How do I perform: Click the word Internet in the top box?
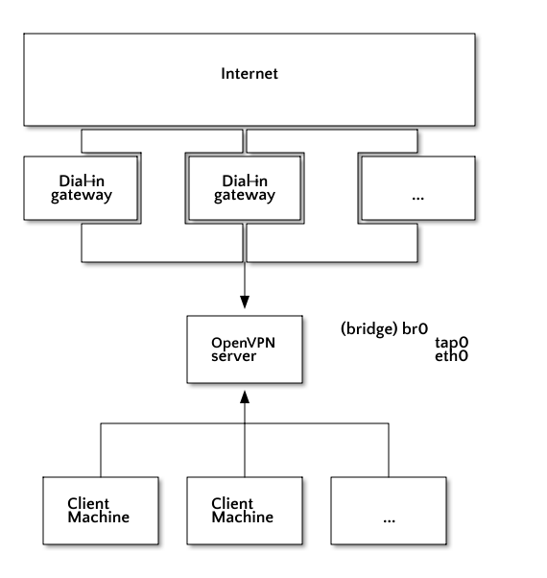[250, 74]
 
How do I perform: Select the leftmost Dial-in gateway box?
[81, 188]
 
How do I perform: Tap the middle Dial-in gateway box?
[245, 188]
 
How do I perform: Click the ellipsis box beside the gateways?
[418, 188]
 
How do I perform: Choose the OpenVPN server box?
[245, 349]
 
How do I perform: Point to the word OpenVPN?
[243, 343]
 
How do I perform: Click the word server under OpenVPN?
[233, 356]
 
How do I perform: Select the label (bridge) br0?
[384, 328]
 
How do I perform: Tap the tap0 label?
[452, 343]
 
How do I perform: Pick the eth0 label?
[452, 356]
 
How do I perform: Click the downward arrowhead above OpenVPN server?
[245, 301]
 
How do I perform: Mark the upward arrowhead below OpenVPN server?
[245, 397]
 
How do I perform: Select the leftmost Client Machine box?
[101, 511]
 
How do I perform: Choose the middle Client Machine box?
[245, 511]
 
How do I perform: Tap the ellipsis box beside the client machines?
[389, 511]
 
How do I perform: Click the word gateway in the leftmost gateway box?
[82, 195]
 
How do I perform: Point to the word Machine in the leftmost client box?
[99, 518]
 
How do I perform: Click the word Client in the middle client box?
[232, 503]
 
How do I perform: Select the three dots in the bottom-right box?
[389, 520]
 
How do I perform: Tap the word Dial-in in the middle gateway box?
[245, 181]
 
